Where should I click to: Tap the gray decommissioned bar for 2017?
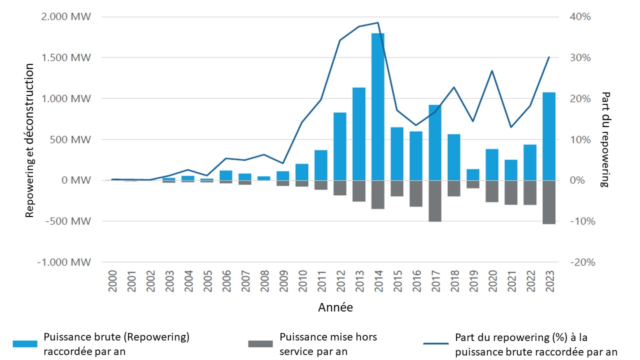[435, 201]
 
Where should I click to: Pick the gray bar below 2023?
[549, 202]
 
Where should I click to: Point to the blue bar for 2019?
[473, 174]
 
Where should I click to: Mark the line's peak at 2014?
[378, 22]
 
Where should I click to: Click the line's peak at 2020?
[492, 70]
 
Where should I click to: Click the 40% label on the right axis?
[581, 17]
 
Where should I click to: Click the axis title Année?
[335, 307]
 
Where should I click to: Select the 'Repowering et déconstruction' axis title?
[30, 140]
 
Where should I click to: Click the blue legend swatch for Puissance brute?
[25, 343]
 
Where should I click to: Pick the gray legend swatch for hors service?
[260, 343]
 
